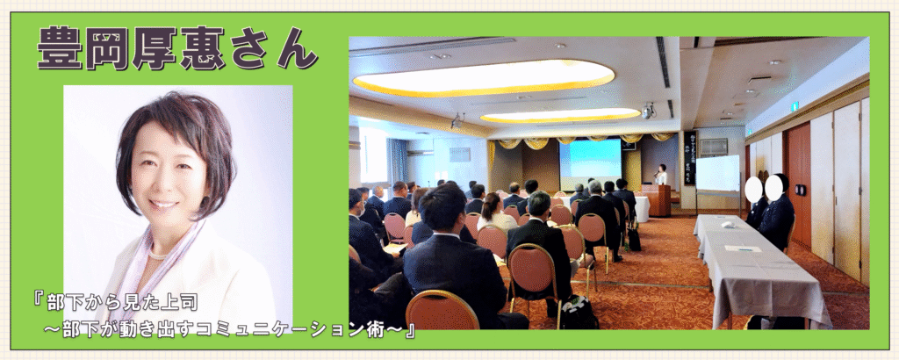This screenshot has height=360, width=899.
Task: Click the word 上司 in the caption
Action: coord(169,303)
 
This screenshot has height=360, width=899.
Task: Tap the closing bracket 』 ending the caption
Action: coord(409,333)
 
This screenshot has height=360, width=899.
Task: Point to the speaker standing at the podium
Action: coord(662,175)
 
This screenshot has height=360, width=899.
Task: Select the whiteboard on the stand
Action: coord(718,173)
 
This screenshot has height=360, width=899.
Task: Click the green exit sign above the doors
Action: coord(794,105)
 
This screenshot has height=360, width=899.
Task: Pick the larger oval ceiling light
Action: coord(483,78)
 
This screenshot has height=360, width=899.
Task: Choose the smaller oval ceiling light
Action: coord(559,115)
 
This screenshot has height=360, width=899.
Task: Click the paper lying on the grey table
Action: coord(743,248)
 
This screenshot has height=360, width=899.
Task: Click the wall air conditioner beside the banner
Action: coord(714,148)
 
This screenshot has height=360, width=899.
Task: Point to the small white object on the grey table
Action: coord(727,224)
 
